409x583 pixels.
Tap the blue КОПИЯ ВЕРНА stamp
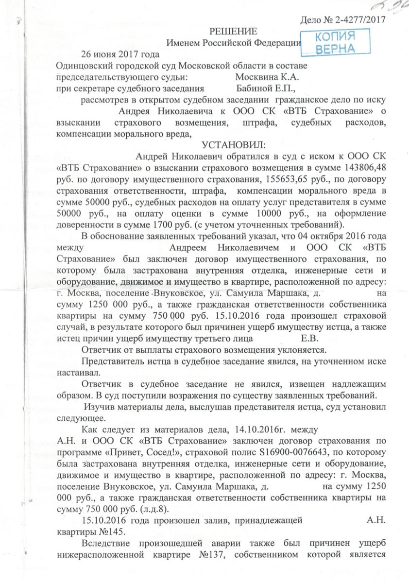coord(335,43)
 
